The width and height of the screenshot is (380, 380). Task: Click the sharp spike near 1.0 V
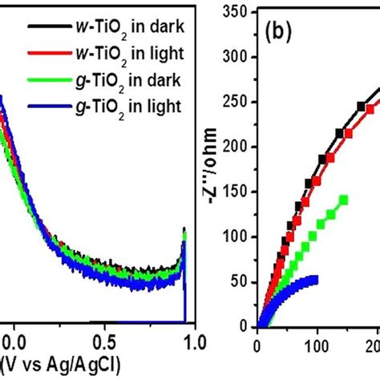coord(184,233)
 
